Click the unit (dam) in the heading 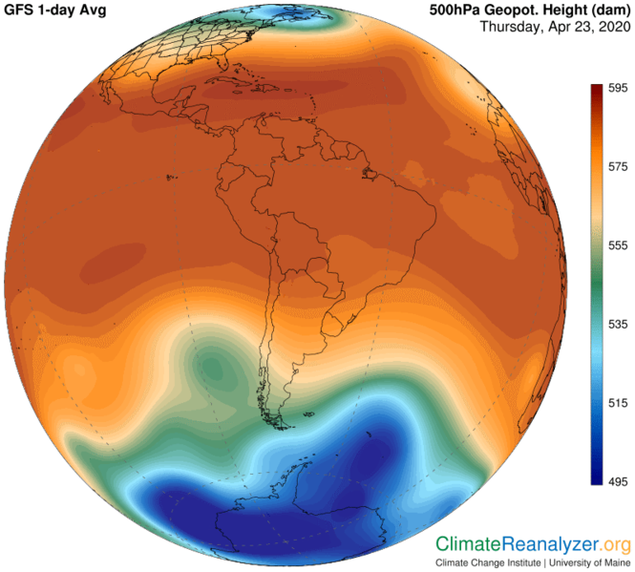[603, 10]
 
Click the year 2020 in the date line [612, 27]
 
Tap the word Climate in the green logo [469, 545]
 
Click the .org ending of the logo [615, 545]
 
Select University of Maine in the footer [591, 563]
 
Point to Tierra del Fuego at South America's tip [278, 419]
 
